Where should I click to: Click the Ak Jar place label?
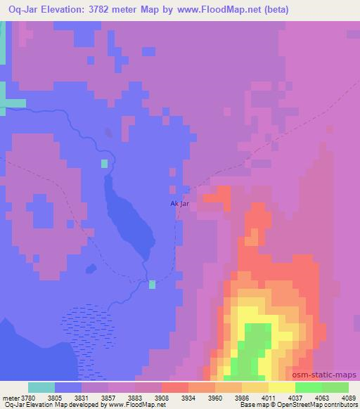coord(180,204)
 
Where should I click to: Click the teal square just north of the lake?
coord(104,164)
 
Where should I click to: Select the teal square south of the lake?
coord(152,284)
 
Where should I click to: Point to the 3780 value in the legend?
coord(28,397)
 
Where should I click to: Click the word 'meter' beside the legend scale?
coord(10,397)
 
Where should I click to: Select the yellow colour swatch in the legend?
coord(282,387)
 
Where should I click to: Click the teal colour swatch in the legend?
coord(41,387)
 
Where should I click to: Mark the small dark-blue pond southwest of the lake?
coord(90,268)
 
